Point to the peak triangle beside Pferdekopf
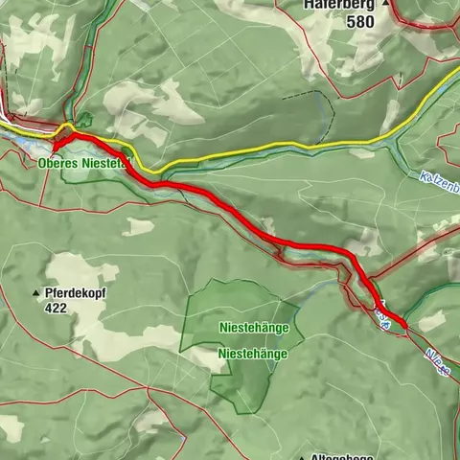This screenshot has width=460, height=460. [37, 292]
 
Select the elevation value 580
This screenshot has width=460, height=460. [360, 22]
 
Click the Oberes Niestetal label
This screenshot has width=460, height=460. [82, 164]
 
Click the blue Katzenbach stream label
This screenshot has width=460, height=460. [440, 182]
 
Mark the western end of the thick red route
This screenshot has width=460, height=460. [55, 146]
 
